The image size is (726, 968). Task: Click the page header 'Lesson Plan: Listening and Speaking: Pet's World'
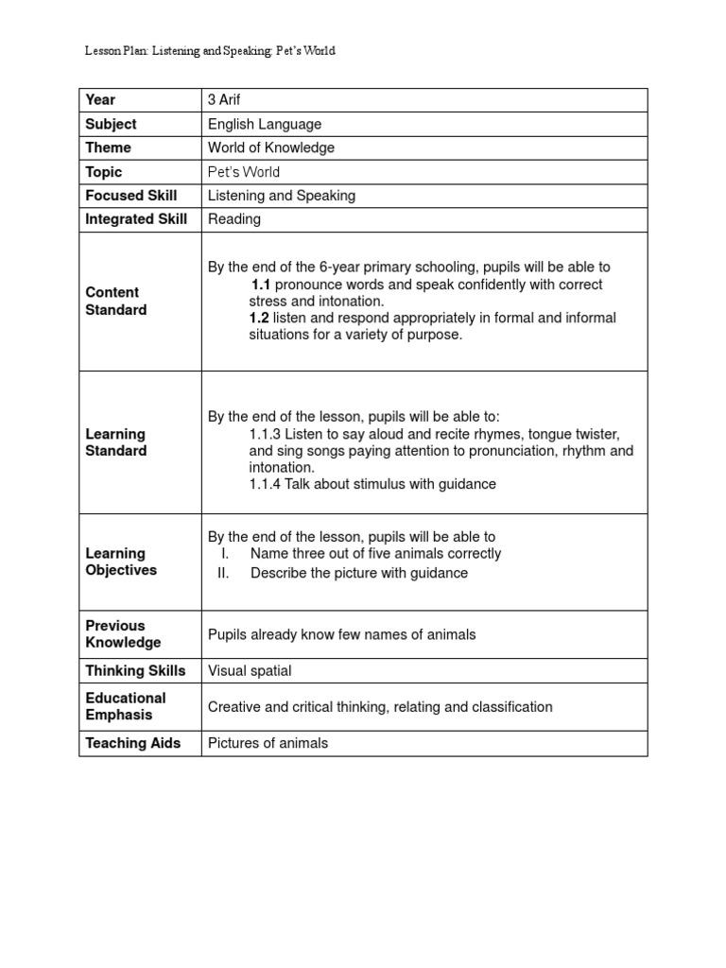(x=210, y=51)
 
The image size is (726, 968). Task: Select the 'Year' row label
(x=100, y=100)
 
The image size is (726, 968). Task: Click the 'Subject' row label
(x=111, y=124)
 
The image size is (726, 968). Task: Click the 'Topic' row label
(x=104, y=172)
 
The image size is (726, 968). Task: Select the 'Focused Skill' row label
(x=131, y=196)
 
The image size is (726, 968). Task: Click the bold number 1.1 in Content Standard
(x=262, y=285)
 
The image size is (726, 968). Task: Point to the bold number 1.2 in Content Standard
(x=260, y=319)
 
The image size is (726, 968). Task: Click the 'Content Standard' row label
(x=115, y=302)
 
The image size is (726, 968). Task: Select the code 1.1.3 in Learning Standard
(x=266, y=434)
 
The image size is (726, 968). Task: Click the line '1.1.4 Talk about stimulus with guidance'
(x=372, y=484)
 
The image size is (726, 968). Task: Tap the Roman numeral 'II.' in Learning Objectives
(x=224, y=573)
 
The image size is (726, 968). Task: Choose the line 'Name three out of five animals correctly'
(x=375, y=554)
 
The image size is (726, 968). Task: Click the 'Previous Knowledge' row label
(x=123, y=634)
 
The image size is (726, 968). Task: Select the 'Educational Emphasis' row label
(x=125, y=706)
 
